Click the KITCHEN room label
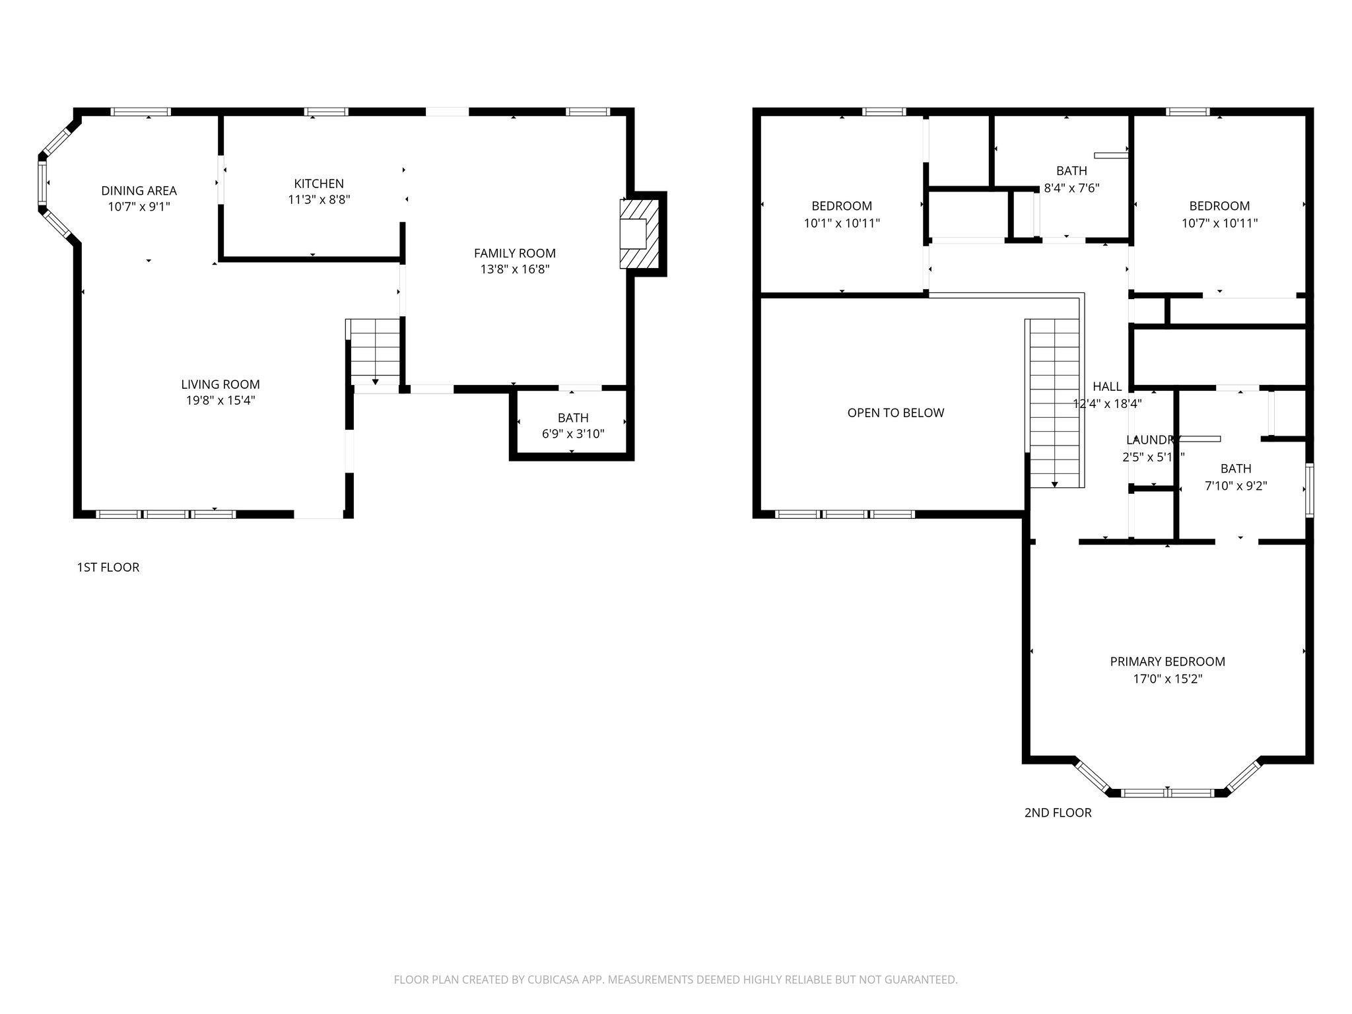pos(319,184)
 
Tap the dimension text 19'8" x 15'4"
pos(220,400)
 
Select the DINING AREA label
pos(139,191)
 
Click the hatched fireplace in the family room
pos(640,234)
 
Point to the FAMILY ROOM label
pos(514,253)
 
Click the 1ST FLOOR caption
pos(108,567)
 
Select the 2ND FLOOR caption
pos(1058,813)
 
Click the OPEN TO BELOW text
pos(895,413)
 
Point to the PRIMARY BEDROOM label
pos(1167,661)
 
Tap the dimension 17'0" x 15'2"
pos(1167,679)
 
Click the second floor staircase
pos(1054,403)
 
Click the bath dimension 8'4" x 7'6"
pos(1071,187)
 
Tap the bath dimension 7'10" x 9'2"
pos(1236,486)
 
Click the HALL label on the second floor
pos(1107,386)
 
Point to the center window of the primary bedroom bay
pos(1167,793)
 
